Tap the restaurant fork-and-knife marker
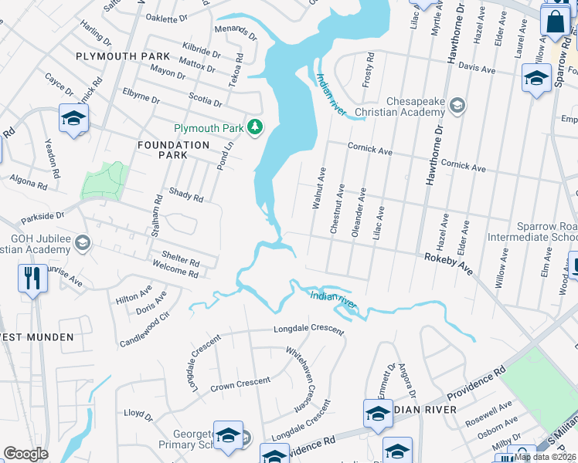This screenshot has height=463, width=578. [32, 279]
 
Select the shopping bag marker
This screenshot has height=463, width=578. [555, 22]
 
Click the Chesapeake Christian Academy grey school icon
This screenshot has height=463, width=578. [457, 105]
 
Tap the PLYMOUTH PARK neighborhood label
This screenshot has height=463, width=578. [123, 56]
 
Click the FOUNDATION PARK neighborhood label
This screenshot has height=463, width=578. [173, 150]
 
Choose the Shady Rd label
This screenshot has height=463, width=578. [185, 195]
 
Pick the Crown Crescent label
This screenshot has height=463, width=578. [240, 383]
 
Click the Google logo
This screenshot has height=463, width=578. [25, 454]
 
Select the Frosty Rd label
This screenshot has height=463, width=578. [369, 69]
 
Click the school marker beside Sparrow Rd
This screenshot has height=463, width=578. [536, 79]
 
